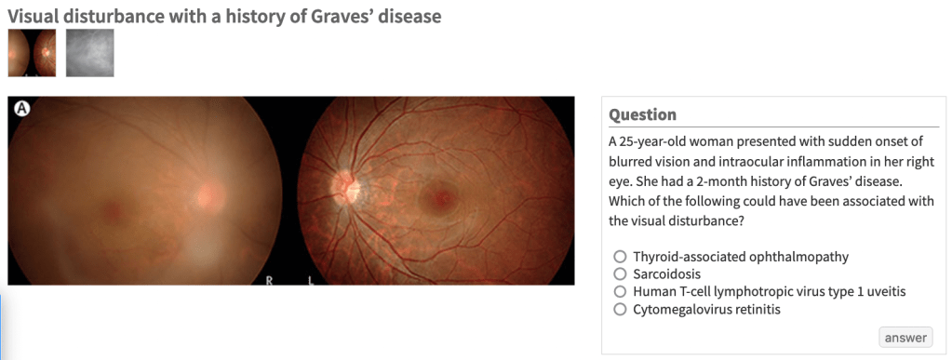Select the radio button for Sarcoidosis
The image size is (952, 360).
(x=620, y=273)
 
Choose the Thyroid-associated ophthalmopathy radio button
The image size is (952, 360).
(x=620, y=256)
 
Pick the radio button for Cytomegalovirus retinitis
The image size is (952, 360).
(x=620, y=310)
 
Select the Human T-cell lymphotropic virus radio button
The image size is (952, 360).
(x=620, y=292)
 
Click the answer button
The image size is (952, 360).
(x=905, y=338)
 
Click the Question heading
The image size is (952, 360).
(x=642, y=114)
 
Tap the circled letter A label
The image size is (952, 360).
(x=21, y=108)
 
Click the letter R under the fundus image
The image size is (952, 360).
(x=270, y=280)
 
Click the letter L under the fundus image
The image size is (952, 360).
(x=310, y=280)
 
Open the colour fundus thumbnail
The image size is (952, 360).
(x=32, y=53)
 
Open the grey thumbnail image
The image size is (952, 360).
(x=90, y=53)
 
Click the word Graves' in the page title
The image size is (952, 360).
(x=342, y=17)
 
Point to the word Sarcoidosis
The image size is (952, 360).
(x=666, y=273)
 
